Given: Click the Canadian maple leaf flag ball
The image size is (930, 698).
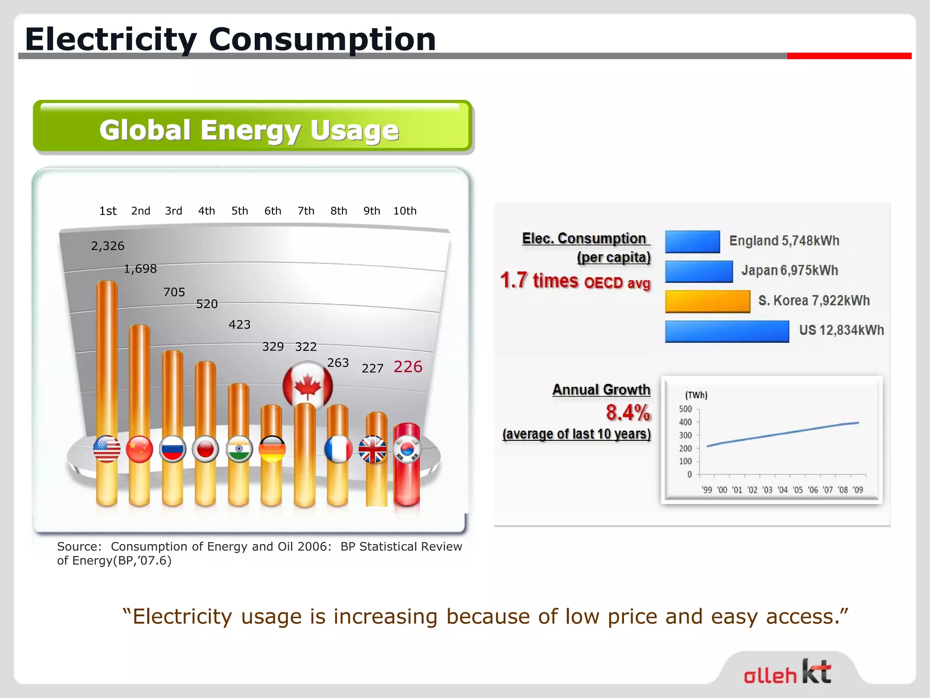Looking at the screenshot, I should click(x=307, y=385).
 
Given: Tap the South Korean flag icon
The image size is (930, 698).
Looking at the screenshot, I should click(x=407, y=449).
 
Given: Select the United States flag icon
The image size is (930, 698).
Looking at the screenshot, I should click(x=107, y=449).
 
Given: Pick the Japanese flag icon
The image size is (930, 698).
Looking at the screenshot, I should click(x=205, y=449).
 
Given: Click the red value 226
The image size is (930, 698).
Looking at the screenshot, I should click(x=408, y=367).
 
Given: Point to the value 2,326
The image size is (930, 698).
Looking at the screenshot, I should click(x=108, y=246).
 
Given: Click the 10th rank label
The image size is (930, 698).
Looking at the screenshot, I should click(x=405, y=211).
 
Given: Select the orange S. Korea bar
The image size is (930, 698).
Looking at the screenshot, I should click(x=707, y=301).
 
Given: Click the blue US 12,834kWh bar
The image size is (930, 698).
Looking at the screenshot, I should click(x=727, y=331).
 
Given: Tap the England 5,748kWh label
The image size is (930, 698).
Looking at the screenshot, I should click(x=784, y=240).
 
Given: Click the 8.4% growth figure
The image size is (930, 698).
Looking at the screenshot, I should click(x=628, y=413).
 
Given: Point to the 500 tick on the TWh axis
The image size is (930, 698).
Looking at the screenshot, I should click(x=685, y=409).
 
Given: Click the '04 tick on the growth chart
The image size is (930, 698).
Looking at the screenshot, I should click(x=782, y=490).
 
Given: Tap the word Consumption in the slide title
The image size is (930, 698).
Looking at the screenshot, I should click(x=322, y=39).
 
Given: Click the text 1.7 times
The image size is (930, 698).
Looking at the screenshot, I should click(x=539, y=280).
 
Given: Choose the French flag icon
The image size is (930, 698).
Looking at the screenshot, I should click(x=338, y=449).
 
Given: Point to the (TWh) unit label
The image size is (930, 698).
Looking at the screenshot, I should click(x=696, y=395).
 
